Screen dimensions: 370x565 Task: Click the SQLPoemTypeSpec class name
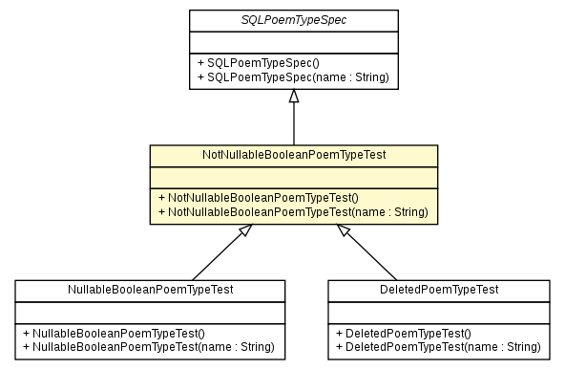tap(292, 19)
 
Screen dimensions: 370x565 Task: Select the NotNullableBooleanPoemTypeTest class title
tap(293, 154)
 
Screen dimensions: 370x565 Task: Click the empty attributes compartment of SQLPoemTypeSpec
tap(292, 40)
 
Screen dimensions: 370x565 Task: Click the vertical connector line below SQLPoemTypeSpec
tap(293, 124)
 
